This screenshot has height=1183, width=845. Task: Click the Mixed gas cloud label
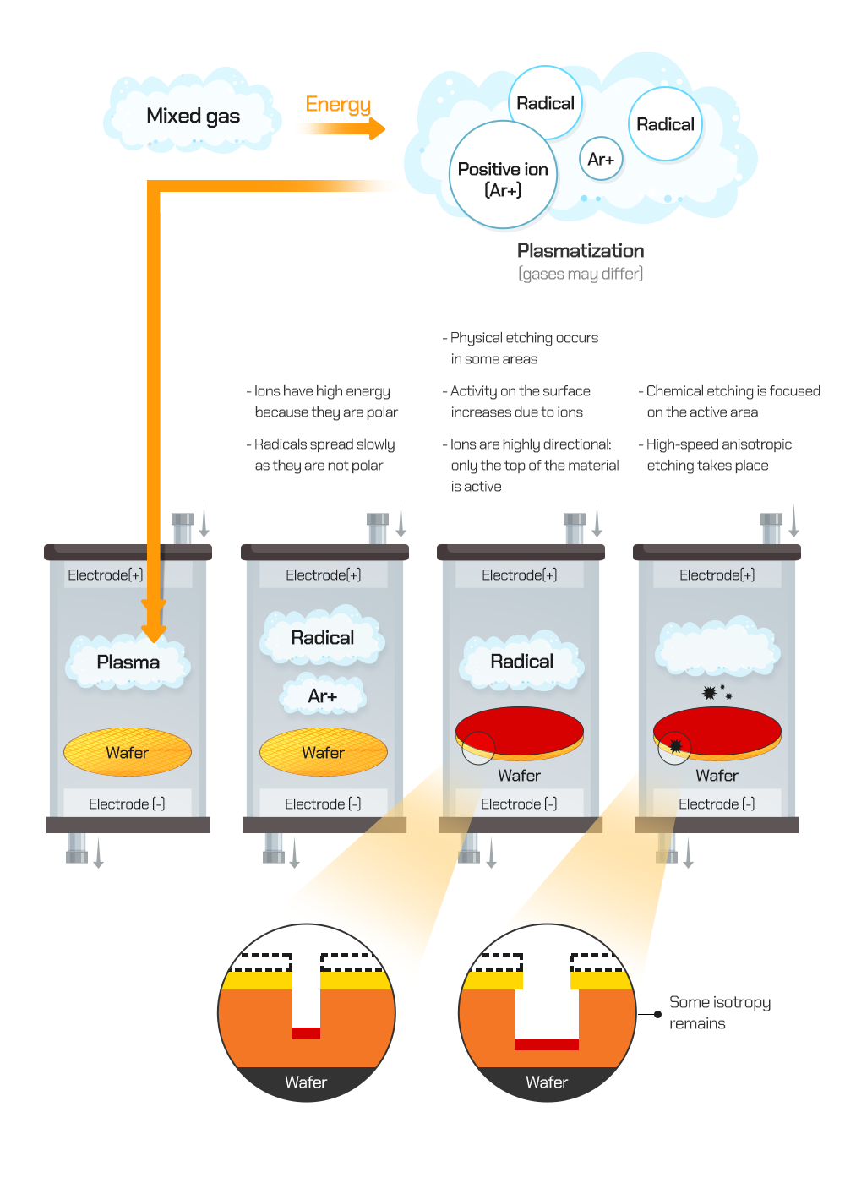tap(193, 116)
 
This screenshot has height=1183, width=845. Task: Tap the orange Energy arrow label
tap(338, 104)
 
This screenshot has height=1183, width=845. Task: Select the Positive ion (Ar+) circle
tap(503, 178)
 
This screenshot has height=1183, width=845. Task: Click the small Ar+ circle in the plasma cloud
tap(601, 159)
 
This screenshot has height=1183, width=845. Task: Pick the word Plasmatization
tap(581, 251)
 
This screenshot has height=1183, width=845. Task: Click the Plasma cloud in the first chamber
tap(128, 662)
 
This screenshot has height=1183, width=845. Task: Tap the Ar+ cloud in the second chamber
tap(323, 696)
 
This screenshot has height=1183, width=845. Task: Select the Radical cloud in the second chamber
tap(323, 638)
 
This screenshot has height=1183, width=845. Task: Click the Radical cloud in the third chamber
tap(521, 662)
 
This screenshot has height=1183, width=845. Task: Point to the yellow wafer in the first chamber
tap(128, 752)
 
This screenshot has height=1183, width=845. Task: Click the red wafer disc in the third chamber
tap(520, 730)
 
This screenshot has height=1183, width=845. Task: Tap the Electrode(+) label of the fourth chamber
tap(717, 575)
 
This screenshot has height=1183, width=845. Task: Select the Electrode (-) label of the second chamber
tap(323, 804)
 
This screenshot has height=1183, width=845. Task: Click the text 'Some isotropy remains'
tap(719, 1012)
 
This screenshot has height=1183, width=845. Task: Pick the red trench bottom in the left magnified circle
tap(307, 1033)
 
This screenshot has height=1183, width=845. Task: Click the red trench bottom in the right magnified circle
tap(547, 1044)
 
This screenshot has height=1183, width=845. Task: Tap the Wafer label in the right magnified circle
tap(547, 1082)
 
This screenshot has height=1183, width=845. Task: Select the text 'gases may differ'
tap(581, 274)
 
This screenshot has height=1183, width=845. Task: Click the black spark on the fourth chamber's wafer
tap(676, 746)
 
